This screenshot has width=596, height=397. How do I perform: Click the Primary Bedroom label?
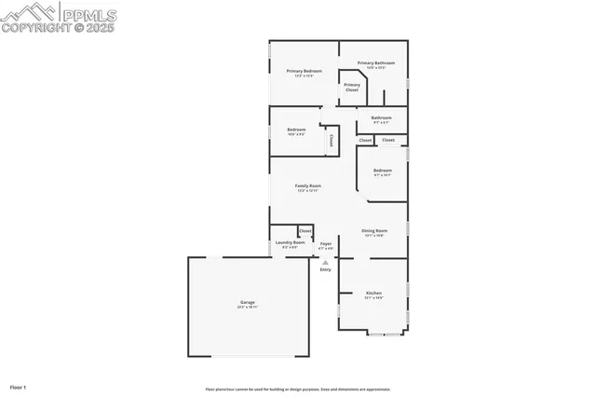tap(304, 71)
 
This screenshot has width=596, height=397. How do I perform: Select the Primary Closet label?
tap(351, 87)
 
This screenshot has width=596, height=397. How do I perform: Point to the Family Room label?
tap(308, 186)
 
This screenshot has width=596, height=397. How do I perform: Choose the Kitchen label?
tap(372, 293)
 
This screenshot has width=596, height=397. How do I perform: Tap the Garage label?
tap(248, 302)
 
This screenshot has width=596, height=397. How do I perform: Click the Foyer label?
tap(325, 244)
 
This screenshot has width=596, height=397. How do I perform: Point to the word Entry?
tap(325, 269)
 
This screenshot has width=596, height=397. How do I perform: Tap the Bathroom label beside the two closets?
tap(381, 117)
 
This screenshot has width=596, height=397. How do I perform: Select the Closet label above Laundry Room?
tap(305, 230)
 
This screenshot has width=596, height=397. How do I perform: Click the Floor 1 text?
tap(18, 386)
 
